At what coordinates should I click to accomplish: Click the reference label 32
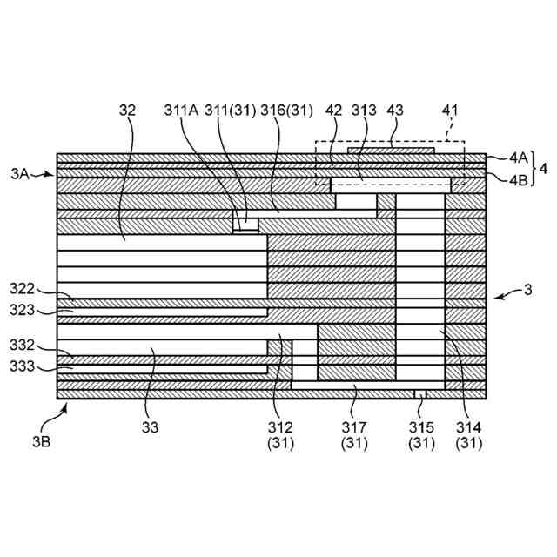click(x=127, y=111)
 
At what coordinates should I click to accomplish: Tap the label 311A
click(x=181, y=111)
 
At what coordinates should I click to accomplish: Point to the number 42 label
click(x=333, y=111)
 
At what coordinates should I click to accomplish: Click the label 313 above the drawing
click(x=364, y=111)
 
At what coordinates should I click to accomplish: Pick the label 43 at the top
click(x=395, y=111)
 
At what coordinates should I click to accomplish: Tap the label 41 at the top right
click(x=449, y=111)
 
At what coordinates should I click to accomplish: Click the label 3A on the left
click(x=21, y=174)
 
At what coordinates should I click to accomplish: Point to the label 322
click(x=23, y=288)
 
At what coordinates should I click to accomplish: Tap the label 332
click(x=23, y=346)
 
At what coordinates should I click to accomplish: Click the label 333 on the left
click(x=23, y=366)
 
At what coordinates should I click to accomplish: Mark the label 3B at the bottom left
click(x=40, y=441)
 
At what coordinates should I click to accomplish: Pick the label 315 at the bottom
click(x=421, y=426)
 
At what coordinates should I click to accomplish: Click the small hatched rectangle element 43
click(x=391, y=151)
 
